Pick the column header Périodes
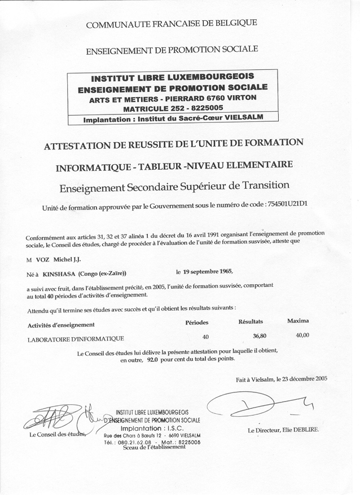(197, 322)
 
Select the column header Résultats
(251, 321)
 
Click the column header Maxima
(297, 320)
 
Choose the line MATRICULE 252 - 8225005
(172, 108)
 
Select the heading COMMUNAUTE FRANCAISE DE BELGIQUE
(171, 24)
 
